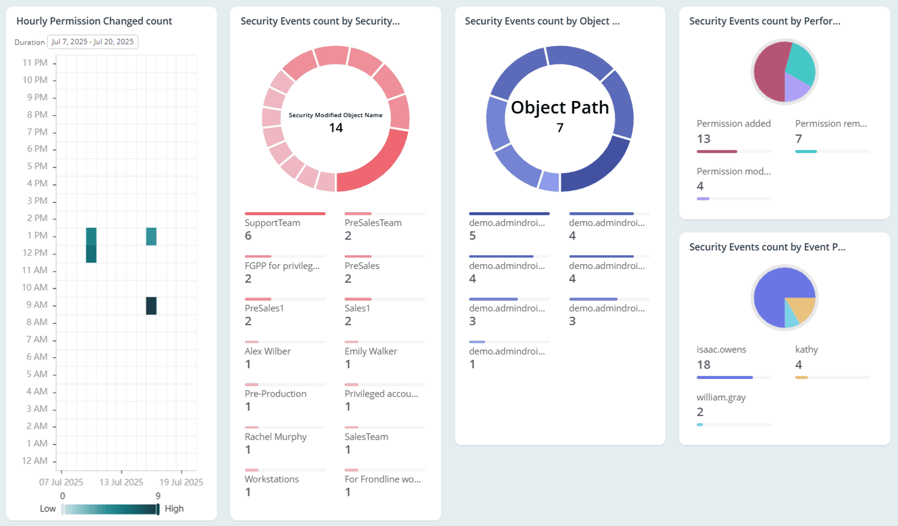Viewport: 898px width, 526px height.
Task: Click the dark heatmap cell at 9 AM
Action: (151, 306)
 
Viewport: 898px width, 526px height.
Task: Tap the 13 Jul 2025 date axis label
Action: (121, 482)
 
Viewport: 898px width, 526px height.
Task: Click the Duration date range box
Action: (92, 42)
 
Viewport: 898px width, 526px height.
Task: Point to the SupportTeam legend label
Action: (273, 222)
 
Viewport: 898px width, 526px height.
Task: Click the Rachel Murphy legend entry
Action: (276, 437)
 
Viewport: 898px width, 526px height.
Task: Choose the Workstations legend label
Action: (271, 479)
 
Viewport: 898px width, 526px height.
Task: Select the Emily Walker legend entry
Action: (370, 351)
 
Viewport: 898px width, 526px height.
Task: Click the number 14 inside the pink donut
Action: (336, 128)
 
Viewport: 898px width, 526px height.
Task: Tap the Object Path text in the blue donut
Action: (560, 108)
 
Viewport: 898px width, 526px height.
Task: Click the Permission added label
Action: (734, 123)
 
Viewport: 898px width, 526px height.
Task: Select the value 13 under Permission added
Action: (703, 139)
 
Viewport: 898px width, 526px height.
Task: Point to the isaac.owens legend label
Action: (721, 349)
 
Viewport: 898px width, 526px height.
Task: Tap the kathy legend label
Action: (806, 349)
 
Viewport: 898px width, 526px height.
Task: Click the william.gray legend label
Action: (721, 397)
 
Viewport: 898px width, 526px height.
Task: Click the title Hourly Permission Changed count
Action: (94, 21)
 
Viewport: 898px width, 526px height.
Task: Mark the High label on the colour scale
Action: (174, 508)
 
